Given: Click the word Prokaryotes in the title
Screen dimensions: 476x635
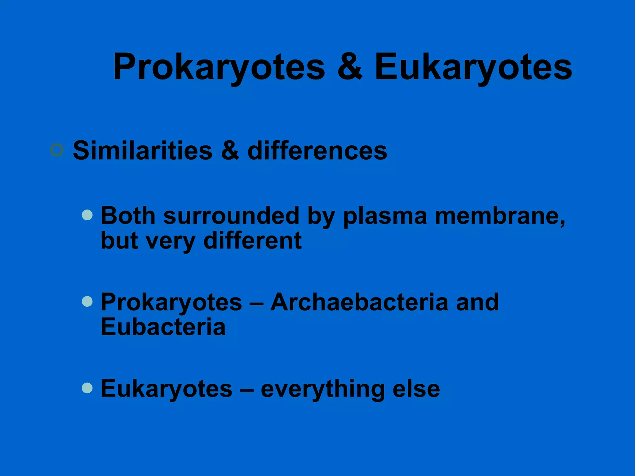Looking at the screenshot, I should (219, 67).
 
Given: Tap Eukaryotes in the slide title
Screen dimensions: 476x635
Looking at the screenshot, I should (473, 67).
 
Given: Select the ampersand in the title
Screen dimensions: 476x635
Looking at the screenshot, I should (350, 66).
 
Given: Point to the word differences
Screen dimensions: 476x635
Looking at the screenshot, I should (317, 151).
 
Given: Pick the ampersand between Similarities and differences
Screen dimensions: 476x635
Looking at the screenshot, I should (230, 151).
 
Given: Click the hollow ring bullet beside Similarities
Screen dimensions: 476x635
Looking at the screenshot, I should (57, 150).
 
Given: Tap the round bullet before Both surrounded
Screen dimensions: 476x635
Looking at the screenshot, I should (87, 215).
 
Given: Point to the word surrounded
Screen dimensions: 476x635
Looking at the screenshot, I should (231, 216).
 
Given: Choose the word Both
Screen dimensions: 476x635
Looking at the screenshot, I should (128, 216).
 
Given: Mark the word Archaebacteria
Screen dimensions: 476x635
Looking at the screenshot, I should (359, 302).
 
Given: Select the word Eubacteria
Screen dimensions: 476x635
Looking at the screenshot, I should (163, 327).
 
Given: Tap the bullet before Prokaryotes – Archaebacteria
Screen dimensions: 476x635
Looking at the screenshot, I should (87, 302).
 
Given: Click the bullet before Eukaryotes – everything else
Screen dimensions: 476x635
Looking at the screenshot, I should (87, 388).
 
